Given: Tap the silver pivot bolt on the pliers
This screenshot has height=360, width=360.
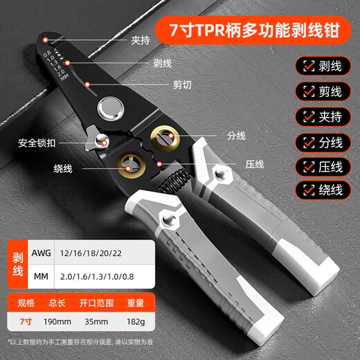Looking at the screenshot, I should tap(108, 107).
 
